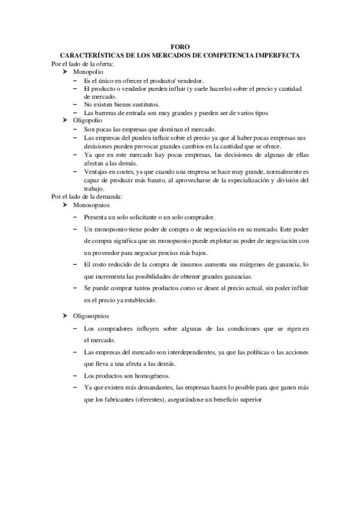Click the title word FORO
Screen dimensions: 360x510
(180, 48)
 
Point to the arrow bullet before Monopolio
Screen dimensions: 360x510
(65, 72)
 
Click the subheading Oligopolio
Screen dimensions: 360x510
(88, 120)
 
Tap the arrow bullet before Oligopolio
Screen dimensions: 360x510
(65, 120)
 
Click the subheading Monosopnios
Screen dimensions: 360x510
(91, 204)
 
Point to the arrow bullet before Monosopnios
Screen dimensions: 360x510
(65, 204)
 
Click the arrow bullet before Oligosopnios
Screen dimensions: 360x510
(65, 316)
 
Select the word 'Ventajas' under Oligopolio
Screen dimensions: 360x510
(97, 171)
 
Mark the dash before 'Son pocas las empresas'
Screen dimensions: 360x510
(75, 129)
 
